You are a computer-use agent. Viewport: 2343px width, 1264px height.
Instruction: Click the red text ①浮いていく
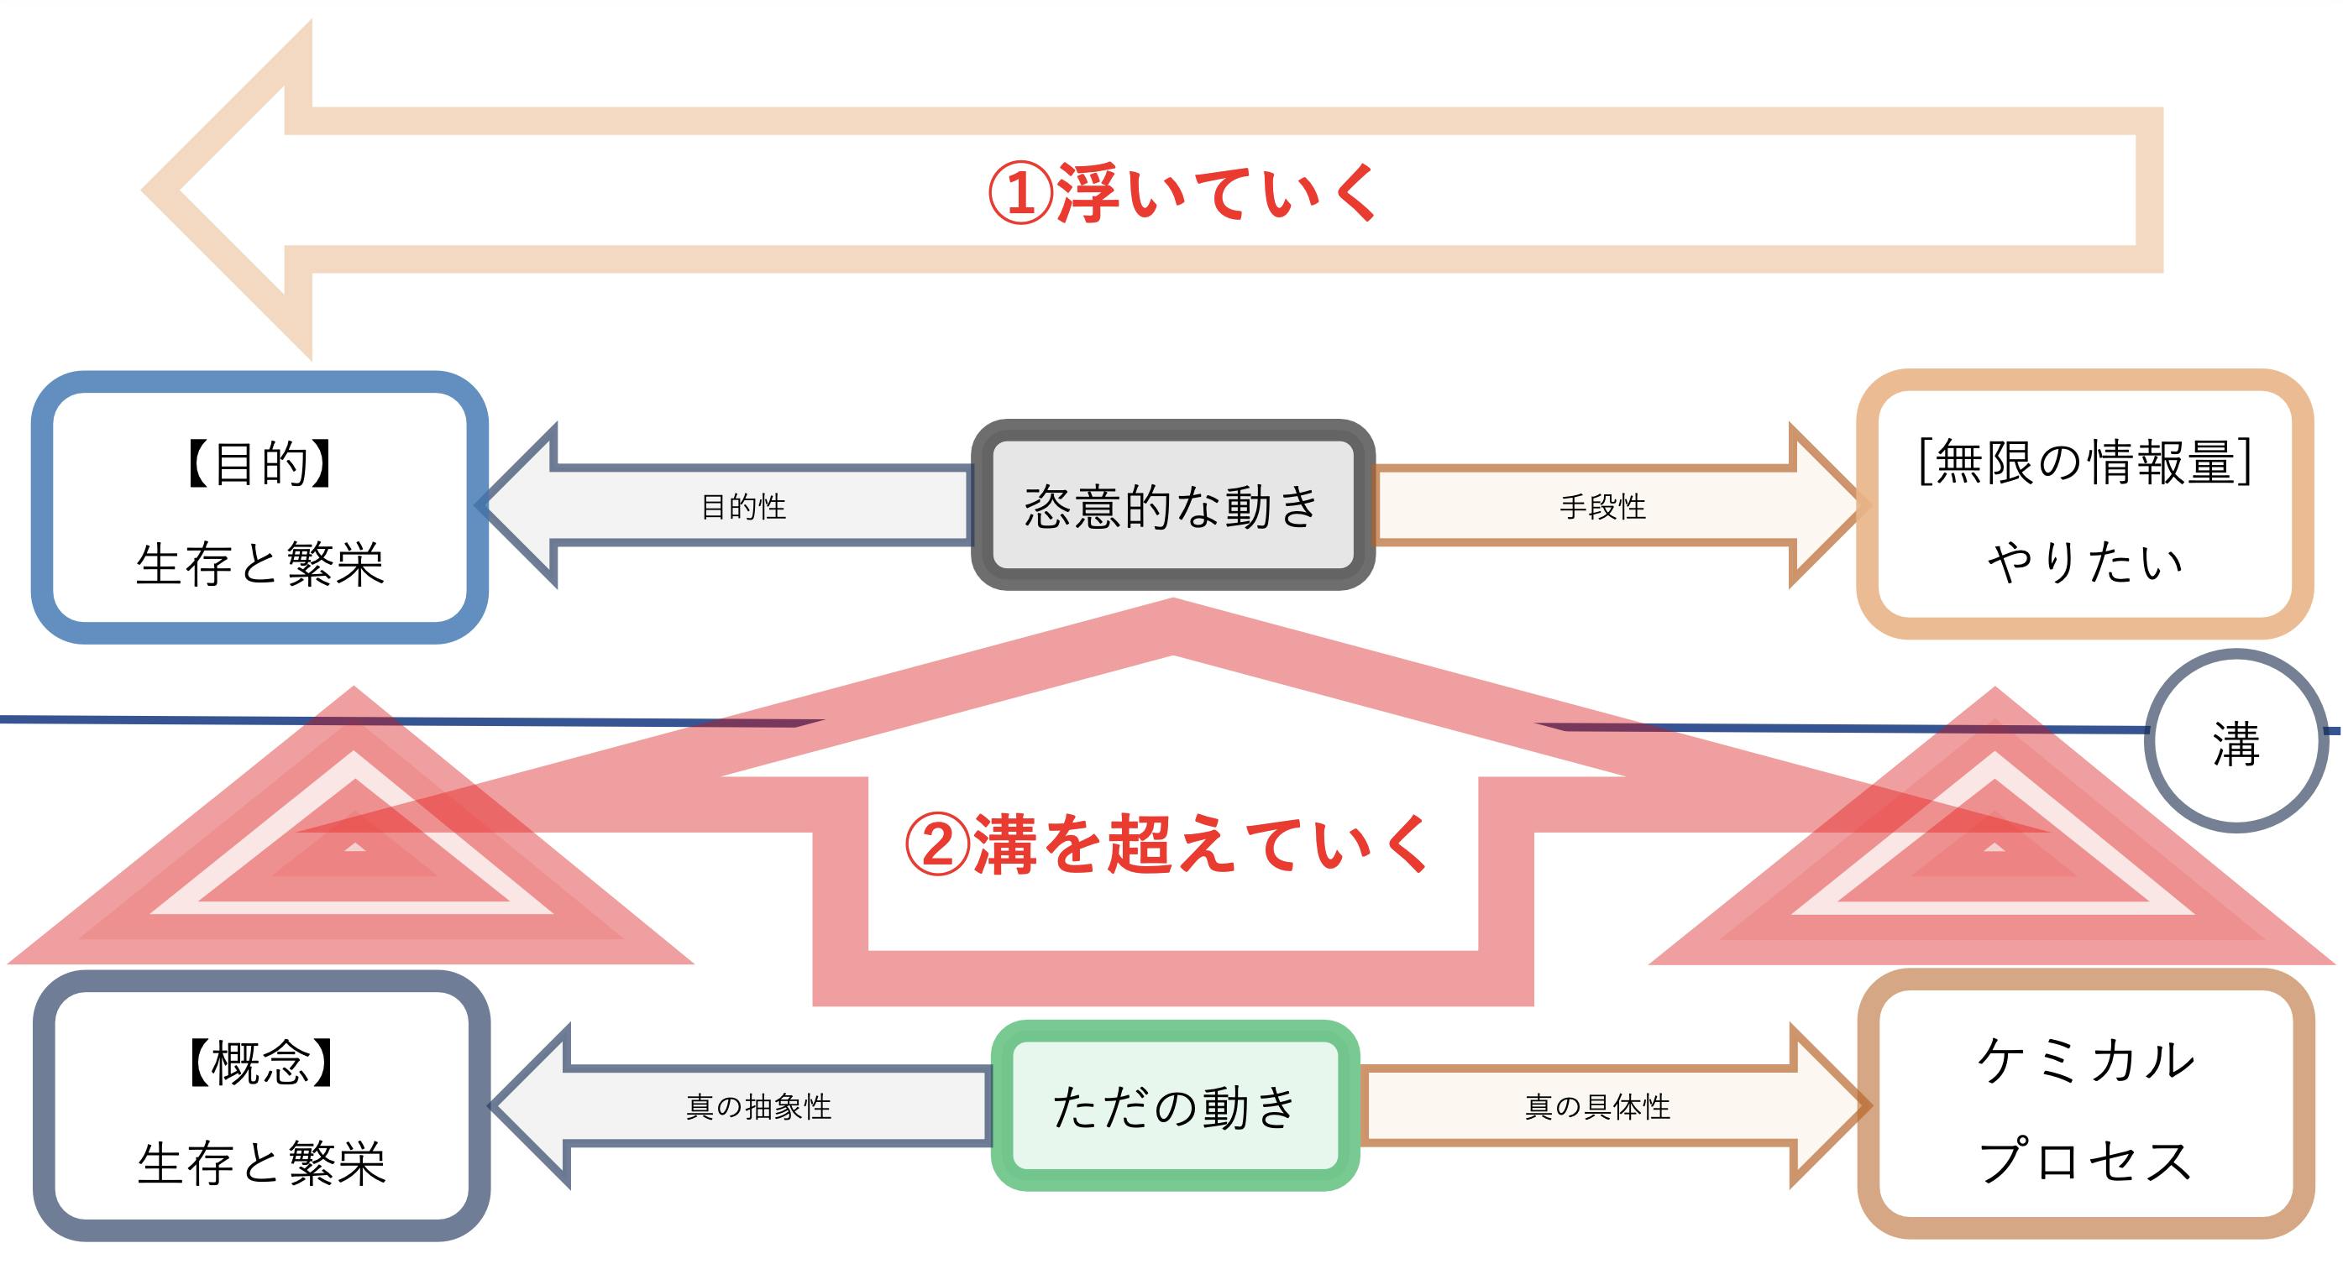pyautogui.click(x=1182, y=193)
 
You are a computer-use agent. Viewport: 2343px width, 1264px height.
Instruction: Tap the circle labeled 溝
pyautogui.click(x=2236, y=741)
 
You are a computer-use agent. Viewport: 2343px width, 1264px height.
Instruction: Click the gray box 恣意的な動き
pyautogui.click(x=1172, y=505)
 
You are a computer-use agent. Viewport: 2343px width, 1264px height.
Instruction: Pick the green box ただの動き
pyautogui.click(x=1174, y=1105)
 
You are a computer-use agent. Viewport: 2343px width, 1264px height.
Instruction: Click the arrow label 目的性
pyautogui.click(x=743, y=506)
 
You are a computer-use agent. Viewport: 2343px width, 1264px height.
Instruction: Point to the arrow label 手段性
pyautogui.click(x=1602, y=506)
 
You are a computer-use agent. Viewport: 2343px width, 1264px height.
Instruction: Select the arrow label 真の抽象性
pyautogui.click(x=758, y=1107)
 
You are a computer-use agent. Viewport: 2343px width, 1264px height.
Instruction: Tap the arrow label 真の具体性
pyautogui.click(x=1597, y=1107)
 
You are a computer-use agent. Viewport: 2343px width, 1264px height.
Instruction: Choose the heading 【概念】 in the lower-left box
pyautogui.click(x=261, y=1062)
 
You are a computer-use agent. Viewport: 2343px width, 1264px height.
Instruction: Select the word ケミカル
pyautogui.click(x=2084, y=1060)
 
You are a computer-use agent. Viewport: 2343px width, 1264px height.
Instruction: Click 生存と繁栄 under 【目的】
pyautogui.click(x=260, y=564)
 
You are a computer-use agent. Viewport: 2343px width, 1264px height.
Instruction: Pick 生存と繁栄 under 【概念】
pyautogui.click(x=262, y=1163)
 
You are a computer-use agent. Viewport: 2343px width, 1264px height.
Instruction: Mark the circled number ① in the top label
pyautogui.click(x=1019, y=194)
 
